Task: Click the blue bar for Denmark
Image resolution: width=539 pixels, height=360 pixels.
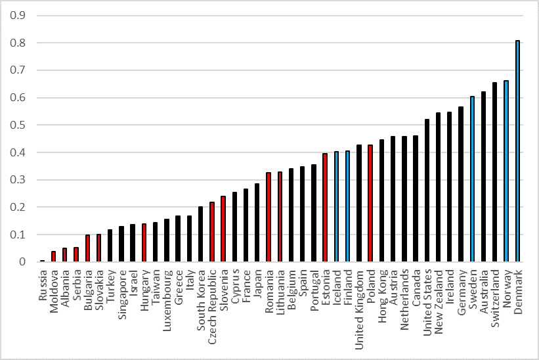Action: [517, 151]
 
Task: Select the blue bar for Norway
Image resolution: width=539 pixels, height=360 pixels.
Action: [506, 171]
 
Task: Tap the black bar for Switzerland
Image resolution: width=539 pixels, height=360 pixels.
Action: [494, 172]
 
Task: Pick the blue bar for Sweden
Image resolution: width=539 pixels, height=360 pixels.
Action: [472, 179]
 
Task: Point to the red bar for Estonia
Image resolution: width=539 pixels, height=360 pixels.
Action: [325, 208]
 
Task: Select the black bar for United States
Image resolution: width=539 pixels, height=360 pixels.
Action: [427, 191]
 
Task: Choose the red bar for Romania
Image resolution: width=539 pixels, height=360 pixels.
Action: [269, 217]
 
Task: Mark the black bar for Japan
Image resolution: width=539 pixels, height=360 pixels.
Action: [257, 223]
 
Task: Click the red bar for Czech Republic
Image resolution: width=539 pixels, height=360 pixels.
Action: [212, 232]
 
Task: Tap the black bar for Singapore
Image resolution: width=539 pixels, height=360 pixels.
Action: [121, 244]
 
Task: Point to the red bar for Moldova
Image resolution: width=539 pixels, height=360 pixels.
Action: [53, 256]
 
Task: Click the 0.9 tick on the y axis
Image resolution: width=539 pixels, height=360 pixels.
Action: [18, 16]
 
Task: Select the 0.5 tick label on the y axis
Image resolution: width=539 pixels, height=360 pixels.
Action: [18, 125]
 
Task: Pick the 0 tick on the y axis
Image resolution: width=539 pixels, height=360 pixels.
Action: [22, 262]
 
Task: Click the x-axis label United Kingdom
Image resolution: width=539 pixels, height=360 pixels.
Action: [359, 310]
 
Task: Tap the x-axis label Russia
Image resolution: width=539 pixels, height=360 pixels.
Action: [42, 285]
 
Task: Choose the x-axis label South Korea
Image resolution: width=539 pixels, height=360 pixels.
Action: [201, 300]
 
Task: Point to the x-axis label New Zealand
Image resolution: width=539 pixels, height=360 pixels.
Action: [439, 302]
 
